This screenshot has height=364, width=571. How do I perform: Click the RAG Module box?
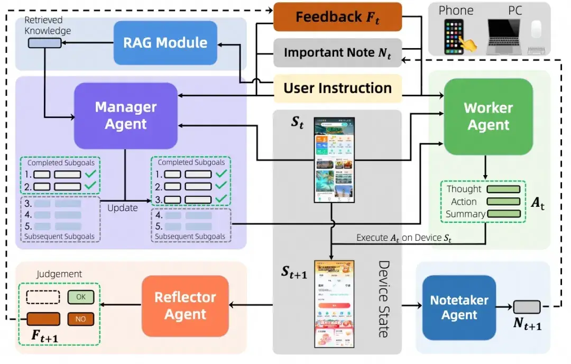click(165, 43)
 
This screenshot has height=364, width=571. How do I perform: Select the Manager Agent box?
click(126, 115)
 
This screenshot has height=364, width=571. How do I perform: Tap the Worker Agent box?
click(488, 116)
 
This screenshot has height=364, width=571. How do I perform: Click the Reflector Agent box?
click(185, 306)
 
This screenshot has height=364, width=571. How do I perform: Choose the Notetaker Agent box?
click(459, 307)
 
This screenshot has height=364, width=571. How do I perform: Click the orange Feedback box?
click(337, 17)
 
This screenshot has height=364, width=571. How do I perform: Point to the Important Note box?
click(337, 53)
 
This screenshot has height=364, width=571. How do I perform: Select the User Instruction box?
click(337, 88)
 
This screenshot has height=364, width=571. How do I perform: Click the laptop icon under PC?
click(506, 36)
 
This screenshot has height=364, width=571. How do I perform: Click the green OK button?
click(81, 297)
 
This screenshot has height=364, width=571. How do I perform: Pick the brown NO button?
click(81, 319)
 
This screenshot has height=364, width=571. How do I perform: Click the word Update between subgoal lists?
click(123, 208)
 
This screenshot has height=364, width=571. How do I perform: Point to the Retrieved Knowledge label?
click(48, 26)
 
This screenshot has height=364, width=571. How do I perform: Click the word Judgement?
click(59, 274)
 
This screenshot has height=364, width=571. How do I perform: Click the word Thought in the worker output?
click(464, 189)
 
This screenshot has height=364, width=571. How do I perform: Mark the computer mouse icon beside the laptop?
click(537, 31)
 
